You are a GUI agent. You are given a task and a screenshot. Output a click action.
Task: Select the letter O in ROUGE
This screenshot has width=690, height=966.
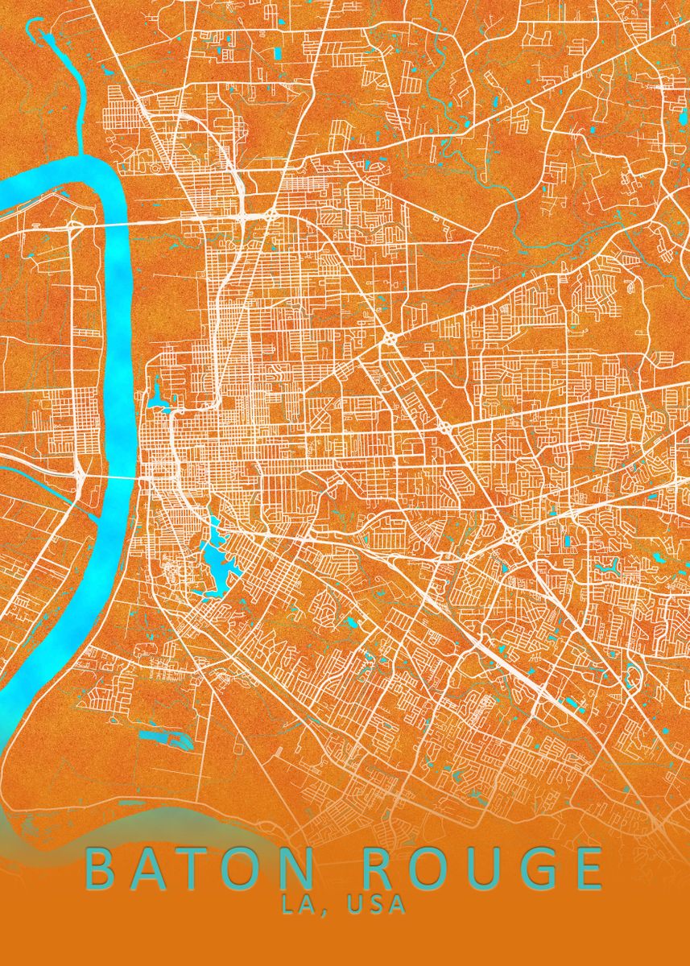[x=436, y=869]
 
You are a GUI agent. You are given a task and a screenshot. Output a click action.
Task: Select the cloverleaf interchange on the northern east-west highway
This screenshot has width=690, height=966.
[x=271, y=216]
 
